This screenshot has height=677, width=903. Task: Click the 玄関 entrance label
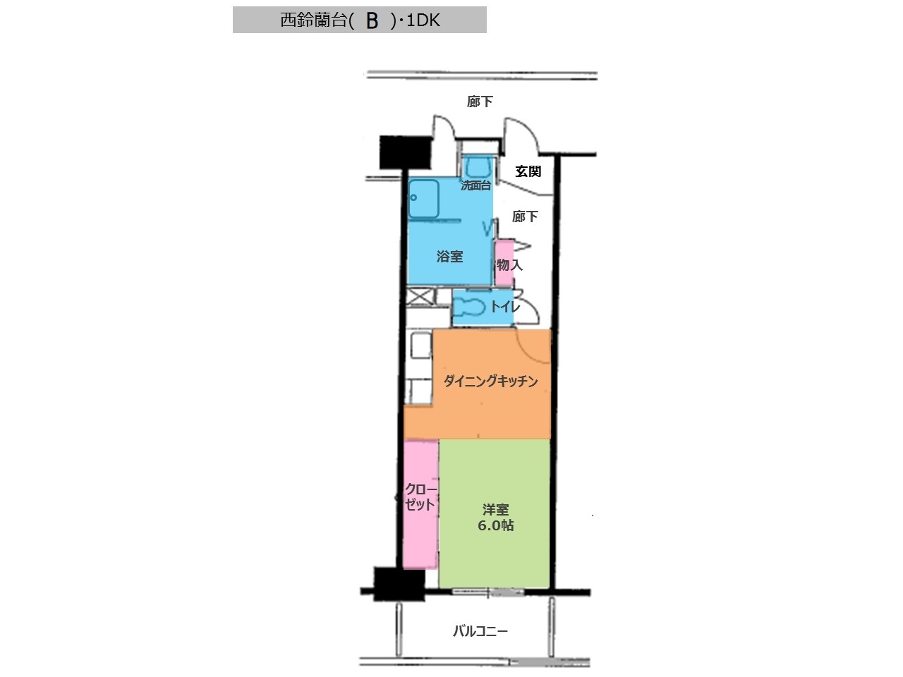pyautogui.click(x=528, y=171)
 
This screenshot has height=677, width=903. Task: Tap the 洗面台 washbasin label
pyautogui.click(x=475, y=185)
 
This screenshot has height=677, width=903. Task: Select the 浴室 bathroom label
pyautogui.click(x=449, y=257)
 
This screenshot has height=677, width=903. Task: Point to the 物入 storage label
pyautogui.click(x=509, y=264)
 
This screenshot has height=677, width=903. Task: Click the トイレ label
pyautogui.click(x=506, y=306)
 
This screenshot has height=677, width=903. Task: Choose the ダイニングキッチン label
pyautogui.click(x=491, y=381)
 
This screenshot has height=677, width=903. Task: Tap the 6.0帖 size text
pyautogui.click(x=495, y=525)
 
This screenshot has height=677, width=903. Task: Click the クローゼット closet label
pyautogui.click(x=420, y=497)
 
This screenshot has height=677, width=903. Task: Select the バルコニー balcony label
pyautogui.click(x=480, y=630)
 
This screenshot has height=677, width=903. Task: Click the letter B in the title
pyautogui.click(x=372, y=21)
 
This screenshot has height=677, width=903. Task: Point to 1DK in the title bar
pyautogui.click(x=423, y=20)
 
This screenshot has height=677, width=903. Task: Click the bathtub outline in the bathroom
pyautogui.click(x=424, y=199)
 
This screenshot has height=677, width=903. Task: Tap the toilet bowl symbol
pyautogui.click(x=470, y=307)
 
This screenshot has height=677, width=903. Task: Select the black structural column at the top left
pyautogui.click(x=405, y=152)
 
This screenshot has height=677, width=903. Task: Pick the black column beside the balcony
pyautogui.click(x=399, y=584)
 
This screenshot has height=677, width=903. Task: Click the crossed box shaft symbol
pyautogui.click(x=420, y=297)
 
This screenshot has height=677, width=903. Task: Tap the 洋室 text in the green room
pyautogui.click(x=495, y=510)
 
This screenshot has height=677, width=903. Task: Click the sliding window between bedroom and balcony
pyautogui.click(x=488, y=592)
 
